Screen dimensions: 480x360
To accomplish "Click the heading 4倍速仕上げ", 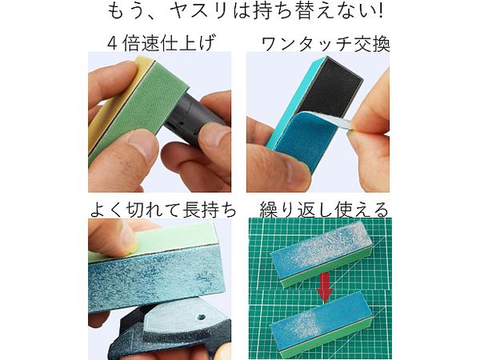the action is (x=161, y=43).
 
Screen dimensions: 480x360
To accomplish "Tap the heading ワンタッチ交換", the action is (x=326, y=45).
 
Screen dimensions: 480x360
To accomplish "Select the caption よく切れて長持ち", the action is (x=163, y=210).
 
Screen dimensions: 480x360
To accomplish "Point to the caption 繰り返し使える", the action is (x=324, y=210).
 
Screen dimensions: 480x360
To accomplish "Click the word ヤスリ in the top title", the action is (x=198, y=11).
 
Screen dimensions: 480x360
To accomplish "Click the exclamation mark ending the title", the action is (x=380, y=10).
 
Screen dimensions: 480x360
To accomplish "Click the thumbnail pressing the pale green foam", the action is (x=128, y=238).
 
